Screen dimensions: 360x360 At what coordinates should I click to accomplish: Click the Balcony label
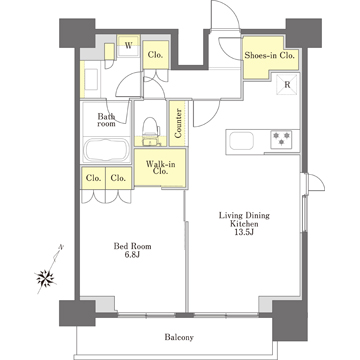(179, 337)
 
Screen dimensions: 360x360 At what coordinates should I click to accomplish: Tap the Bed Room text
(132, 246)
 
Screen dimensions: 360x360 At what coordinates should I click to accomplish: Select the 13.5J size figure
(244, 232)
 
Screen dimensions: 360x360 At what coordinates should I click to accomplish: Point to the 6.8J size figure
(132, 255)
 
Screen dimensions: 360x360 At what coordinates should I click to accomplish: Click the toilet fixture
(151, 132)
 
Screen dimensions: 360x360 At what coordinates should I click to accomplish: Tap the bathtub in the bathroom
(106, 150)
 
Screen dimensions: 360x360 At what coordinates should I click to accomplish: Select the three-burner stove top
(281, 139)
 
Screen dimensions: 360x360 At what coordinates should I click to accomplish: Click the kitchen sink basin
(241, 141)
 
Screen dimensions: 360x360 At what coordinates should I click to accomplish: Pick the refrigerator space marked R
(287, 85)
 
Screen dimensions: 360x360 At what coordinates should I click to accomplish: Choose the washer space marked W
(128, 46)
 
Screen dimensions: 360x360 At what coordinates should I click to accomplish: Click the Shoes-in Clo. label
(270, 56)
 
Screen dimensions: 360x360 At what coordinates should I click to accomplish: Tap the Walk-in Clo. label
(160, 168)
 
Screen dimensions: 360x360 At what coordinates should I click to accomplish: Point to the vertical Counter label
(178, 123)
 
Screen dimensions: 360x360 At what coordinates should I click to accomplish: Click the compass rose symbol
(45, 277)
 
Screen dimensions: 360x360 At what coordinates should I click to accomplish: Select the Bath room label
(106, 120)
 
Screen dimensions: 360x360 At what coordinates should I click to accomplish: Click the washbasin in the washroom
(91, 79)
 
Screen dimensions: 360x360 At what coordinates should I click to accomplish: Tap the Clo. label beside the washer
(155, 55)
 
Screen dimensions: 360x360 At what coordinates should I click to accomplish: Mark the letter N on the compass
(61, 247)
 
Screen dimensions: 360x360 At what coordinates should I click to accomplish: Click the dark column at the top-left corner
(77, 33)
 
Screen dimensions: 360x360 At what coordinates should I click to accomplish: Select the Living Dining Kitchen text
(244, 220)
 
